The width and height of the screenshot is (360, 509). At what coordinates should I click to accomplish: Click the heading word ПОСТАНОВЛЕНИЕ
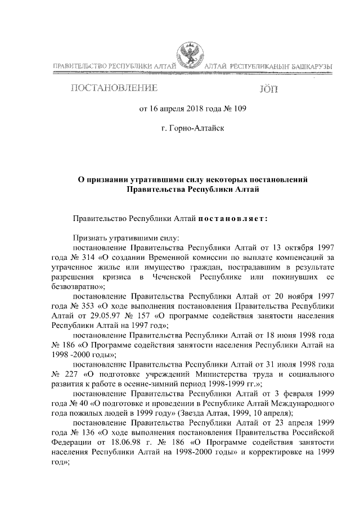(x=114, y=89)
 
